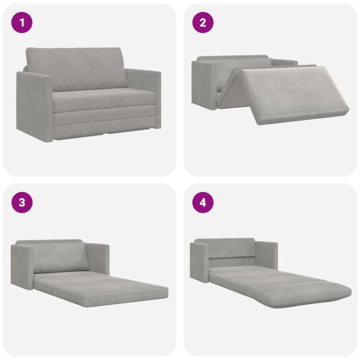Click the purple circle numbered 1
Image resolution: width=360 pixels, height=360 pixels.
(22, 23)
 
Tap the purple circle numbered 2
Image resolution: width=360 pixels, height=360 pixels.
(203, 23)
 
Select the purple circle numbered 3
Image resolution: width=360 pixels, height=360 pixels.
(22, 203)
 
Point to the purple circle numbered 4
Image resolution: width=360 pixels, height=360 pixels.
(203, 203)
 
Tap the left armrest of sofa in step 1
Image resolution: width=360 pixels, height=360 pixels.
(34, 106)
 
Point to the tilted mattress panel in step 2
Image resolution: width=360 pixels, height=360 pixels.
(295, 94)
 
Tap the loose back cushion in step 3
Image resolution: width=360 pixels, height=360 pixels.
(60, 257)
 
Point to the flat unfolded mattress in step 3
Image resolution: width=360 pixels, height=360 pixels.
(101, 288)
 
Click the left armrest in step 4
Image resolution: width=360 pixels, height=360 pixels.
(199, 260)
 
